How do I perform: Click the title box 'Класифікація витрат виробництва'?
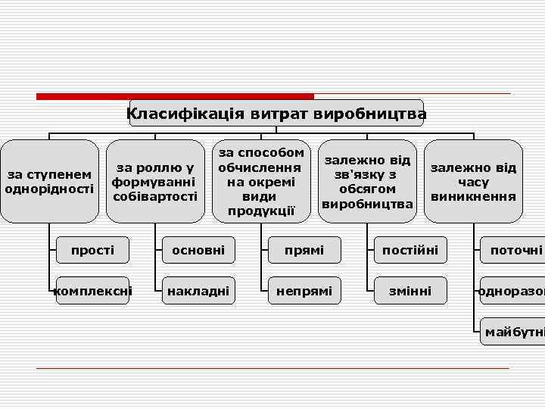[276, 114]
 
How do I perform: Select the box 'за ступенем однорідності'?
[49, 182]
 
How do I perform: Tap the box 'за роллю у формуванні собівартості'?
[155, 182]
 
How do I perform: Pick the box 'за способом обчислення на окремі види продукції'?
[261, 182]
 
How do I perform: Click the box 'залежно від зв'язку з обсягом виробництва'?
[367, 182]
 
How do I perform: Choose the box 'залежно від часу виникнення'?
[473, 182]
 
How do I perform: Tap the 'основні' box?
[198, 250]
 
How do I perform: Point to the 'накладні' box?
[198, 290]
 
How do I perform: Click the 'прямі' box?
[304, 250]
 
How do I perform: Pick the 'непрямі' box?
[304, 290]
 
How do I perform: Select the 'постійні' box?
[410, 250]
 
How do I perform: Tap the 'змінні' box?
[410, 290]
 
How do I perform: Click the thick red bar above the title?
[175, 96]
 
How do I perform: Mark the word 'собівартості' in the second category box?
[155, 197]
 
